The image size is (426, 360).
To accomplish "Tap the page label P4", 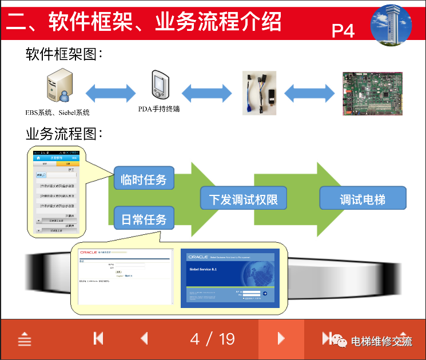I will coord(343,30).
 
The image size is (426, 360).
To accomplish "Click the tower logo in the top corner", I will coord(391,24).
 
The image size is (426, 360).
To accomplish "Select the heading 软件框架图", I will coord(64,54).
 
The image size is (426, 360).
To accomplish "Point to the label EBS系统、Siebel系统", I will coord(57,113).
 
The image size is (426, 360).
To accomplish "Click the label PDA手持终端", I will coord(159,109).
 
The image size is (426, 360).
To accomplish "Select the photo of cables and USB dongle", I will coord(259,93).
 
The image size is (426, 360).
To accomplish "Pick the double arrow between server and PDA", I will coord(111,93).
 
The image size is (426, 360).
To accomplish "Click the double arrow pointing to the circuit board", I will coord(309,93).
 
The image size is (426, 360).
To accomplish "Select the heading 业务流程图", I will coord(64,134).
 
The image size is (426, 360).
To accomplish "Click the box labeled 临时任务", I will coord(144,179).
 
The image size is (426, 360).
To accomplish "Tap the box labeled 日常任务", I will coord(144,218).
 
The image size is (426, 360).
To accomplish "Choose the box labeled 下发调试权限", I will coord(243,199).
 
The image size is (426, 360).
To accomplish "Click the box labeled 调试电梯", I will coord(363,199).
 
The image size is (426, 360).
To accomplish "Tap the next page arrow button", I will coord(281,339).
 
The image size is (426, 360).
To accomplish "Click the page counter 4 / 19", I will coord(213,339).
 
